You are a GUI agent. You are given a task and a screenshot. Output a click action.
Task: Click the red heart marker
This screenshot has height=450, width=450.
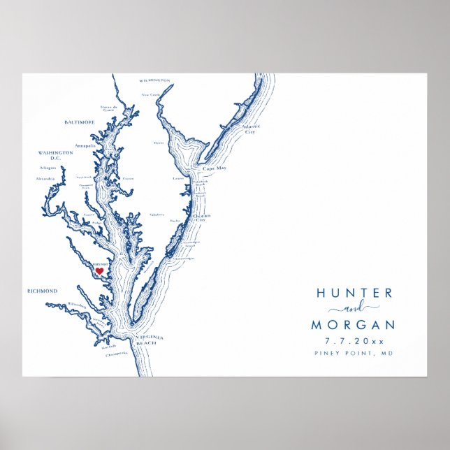pyautogui.click(x=99, y=270)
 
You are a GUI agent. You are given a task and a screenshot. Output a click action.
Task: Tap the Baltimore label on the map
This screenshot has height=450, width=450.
pyautogui.click(x=79, y=122)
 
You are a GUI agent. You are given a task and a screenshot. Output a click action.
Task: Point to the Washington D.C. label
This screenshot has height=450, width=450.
pyautogui.click(x=55, y=155)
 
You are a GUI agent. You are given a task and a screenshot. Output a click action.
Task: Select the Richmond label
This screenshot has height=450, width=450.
pyautogui.click(x=42, y=291)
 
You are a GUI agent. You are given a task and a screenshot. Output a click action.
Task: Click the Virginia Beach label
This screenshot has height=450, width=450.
pyautogui.click(x=149, y=340)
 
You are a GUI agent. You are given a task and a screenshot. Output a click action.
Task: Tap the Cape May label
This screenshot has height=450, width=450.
pyautogui.click(x=213, y=169)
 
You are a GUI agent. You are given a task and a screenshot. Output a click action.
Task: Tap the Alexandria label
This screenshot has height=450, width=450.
pyautogui.click(x=45, y=179)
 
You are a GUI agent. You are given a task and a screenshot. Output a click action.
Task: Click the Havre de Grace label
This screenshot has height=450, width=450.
pyautogui.click(x=108, y=108)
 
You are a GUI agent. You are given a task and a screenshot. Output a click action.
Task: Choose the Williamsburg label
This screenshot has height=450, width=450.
pyautogui.click(x=78, y=305)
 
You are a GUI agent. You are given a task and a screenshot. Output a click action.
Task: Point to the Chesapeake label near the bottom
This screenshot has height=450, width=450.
pyautogui.click(x=116, y=354)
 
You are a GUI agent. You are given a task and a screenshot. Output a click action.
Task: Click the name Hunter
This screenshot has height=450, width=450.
pyautogui.click(x=354, y=293)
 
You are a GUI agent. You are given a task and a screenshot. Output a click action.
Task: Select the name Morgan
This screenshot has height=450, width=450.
pyautogui.click(x=353, y=325)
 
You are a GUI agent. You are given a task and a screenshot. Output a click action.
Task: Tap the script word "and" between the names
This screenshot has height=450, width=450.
pyautogui.click(x=354, y=309)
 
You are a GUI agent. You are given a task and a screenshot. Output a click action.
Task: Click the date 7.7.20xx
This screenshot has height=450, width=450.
pyautogui.click(x=354, y=342)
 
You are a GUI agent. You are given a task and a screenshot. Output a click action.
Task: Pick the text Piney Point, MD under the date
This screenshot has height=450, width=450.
pyautogui.click(x=354, y=354)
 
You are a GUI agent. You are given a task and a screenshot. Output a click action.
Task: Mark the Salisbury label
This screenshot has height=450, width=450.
pyautogui.click(x=157, y=215)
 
